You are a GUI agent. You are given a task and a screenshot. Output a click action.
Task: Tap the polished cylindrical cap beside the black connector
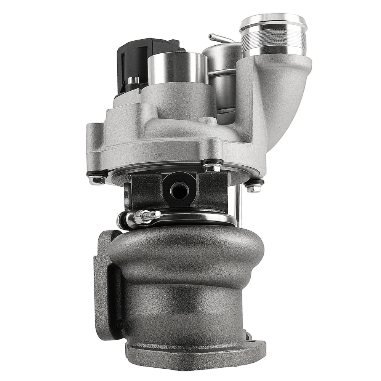177,69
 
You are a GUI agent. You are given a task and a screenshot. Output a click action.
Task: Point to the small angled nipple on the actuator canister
216,38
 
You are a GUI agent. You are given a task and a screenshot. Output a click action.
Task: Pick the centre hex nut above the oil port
211,168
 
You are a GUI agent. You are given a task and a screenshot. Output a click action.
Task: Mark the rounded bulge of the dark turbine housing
190,251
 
